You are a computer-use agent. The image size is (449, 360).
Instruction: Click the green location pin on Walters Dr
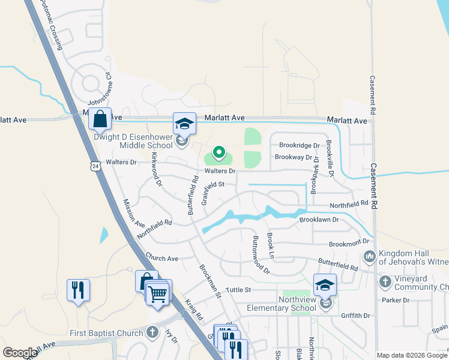click(219, 155)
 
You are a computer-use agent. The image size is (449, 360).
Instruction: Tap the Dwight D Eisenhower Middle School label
click(133, 141)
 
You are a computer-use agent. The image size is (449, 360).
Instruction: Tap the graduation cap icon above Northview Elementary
click(325, 285)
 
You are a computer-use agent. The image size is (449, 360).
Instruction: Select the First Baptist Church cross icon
click(152, 332)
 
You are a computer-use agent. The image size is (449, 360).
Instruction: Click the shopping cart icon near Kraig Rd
click(157, 294)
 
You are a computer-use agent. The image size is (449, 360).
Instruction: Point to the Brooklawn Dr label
click(319, 220)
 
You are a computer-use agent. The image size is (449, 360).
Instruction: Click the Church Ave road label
click(162, 259)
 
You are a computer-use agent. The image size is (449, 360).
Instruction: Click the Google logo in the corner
click(20, 353)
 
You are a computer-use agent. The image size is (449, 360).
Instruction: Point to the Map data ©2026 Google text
click(412, 355)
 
